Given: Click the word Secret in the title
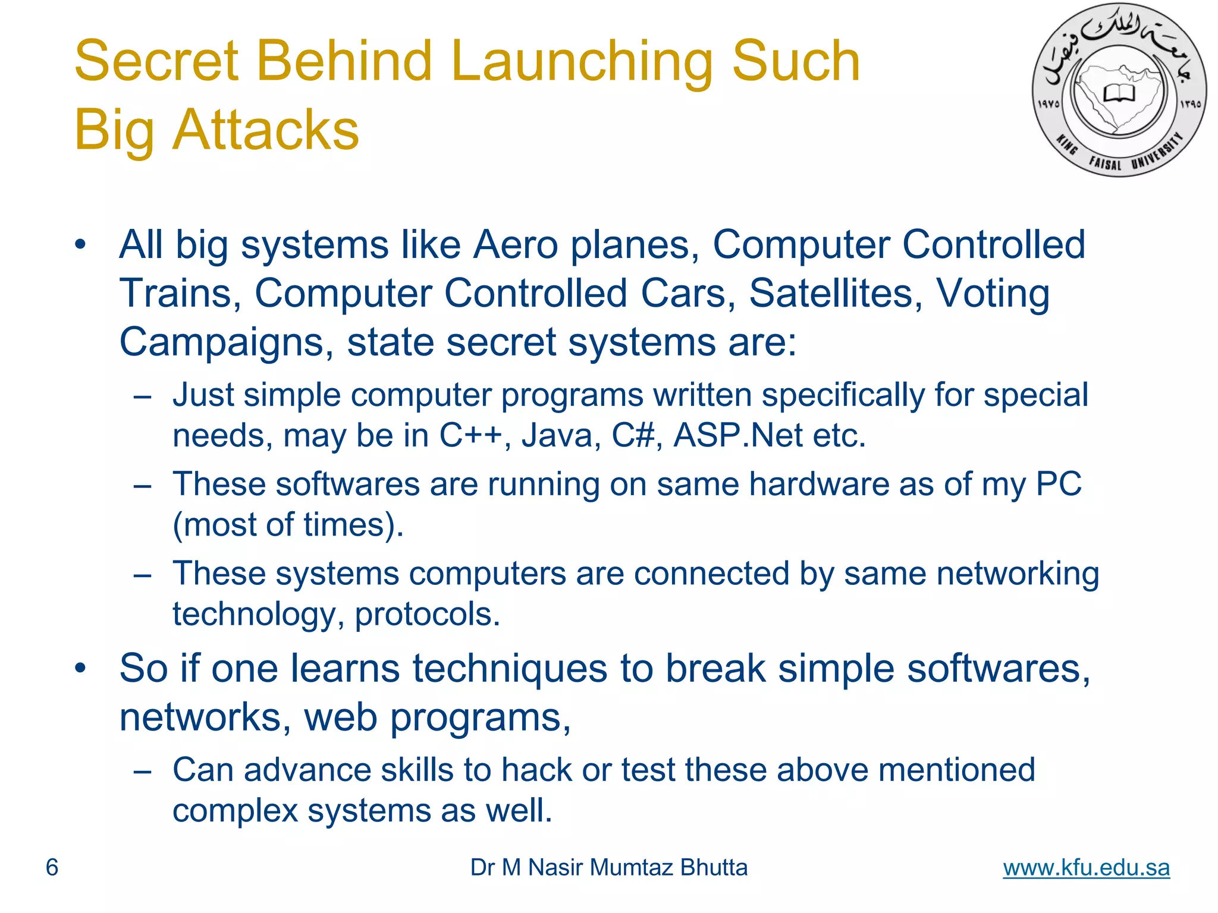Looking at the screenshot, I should pyautogui.click(x=156, y=61).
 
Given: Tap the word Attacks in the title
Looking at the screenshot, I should pyautogui.click(x=265, y=130).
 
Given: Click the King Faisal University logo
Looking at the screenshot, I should pyautogui.click(x=1119, y=90).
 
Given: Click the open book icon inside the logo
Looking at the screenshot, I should pyautogui.click(x=1119, y=93).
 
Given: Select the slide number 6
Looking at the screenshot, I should pyautogui.click(x=52, y=867).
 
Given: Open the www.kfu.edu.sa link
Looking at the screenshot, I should pyautogui.click(x=1086, y=867).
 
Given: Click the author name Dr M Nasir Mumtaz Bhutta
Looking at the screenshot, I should pyautogui.click(x=608, y=867).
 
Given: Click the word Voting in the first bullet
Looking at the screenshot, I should pyautogui.click(x=993, y=294).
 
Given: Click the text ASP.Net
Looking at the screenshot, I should pyautogui.click(x=737, y=435).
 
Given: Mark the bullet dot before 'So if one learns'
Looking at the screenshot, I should pyautogui.click(x=81, y=669).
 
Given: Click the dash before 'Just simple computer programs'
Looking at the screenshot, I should pyautogui.click(x=143, y=396).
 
